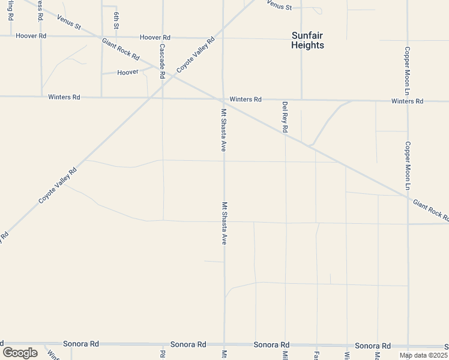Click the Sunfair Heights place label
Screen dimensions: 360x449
pyautogui.click(x=307, y=40)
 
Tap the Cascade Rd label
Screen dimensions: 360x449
pyautogui.click(x=162, y=61)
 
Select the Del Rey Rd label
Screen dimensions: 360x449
pyautogui.click(x=285, y=117)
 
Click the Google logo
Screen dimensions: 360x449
pyautogui.click(x=20, y=352)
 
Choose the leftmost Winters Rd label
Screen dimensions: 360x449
pyautogui.click(x=64, y=97)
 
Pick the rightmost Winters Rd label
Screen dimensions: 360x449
pyautogui.click(x=407, y=101)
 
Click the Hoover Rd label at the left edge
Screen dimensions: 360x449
pyautogui.click(x=31, y=36)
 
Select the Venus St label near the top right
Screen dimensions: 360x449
pyautogui.click(x=279, y=7)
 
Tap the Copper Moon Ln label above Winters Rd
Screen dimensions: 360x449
pyautogui.click(x=407, y=71)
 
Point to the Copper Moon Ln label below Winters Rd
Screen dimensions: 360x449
pyautogui.click(x=407, y=166)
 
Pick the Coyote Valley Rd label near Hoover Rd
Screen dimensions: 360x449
pyautogui.click(x=194, y=57)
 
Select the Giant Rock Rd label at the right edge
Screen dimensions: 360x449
pyautogui.click(x=430, y=211)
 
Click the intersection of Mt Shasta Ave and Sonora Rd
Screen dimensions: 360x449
pyautogui.click(x=224, y=344)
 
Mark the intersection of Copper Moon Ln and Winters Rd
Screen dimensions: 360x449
pyautogui.click(x=408, y=101)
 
